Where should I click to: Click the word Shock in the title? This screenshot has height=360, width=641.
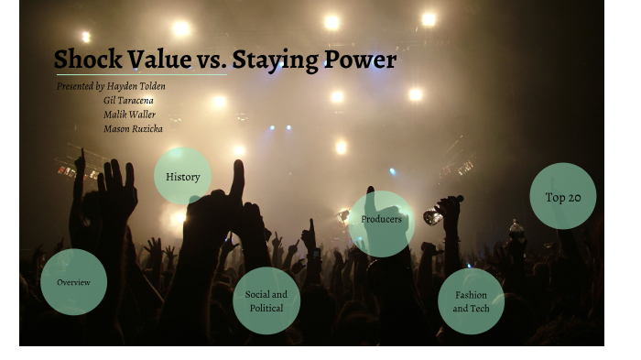coord(88,60)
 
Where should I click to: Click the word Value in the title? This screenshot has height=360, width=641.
coord(159,60)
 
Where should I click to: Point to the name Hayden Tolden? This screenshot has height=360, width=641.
coord(136,86)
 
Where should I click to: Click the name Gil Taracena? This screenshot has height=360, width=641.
coord(128,100)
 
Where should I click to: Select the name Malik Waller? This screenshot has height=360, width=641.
coord(129,115)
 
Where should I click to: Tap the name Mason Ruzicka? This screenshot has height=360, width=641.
coord(133,129)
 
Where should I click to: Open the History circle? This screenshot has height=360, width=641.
coord(182,177)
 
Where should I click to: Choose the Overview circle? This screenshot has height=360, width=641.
coord(73,282)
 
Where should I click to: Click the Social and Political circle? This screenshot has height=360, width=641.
coord(266,300)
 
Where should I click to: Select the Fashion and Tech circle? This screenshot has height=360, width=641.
coord(471,301)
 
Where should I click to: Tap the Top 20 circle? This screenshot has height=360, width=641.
coord(562,196)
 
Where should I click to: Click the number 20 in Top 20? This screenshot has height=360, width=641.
coord(574,197)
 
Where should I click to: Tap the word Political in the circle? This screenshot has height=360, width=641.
coord(266,308)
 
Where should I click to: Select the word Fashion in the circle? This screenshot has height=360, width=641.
coord(472,295)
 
